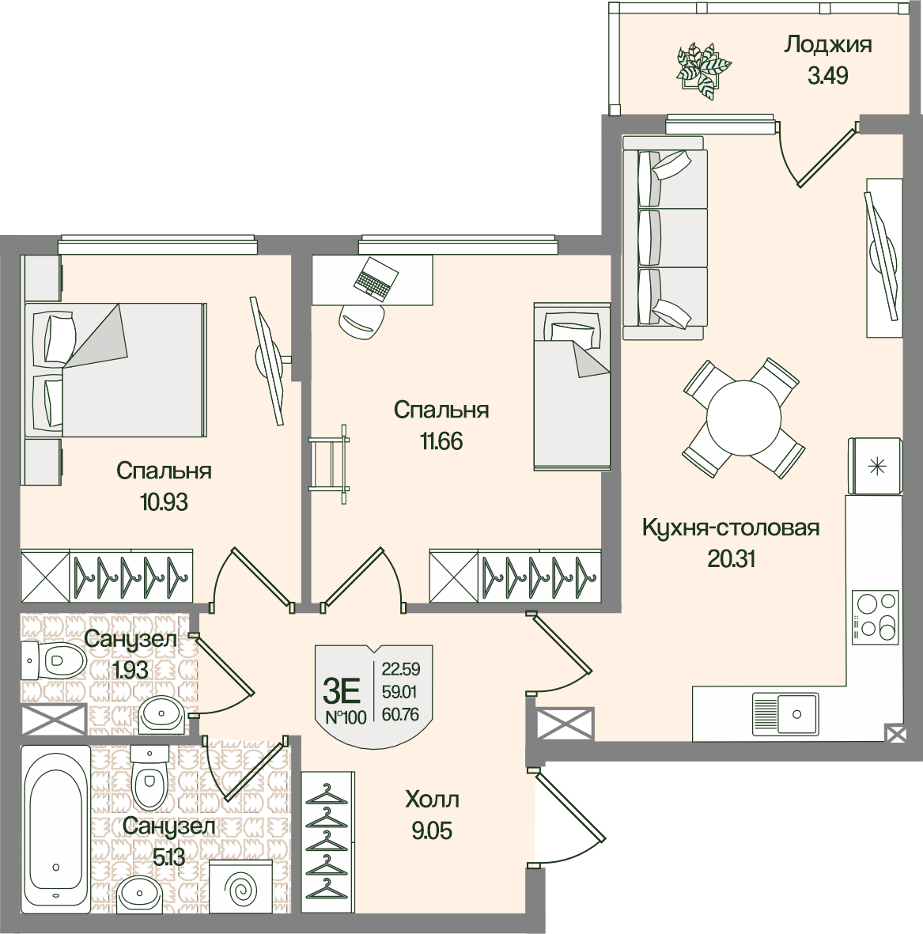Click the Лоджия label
(x=827, y=45)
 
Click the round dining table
(x=743, y=418)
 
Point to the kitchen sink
(x=785, y=713)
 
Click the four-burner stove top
(x=876, y=617)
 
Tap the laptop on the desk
(x=373, y=278)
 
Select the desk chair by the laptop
(x=361, y=322)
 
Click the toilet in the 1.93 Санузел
(x=55, y=660)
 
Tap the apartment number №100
(x=346, y=717)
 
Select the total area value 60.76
(x=400, y=713)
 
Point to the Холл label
(x=432, y=799)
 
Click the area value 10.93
(x=164, y=502)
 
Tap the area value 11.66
(x=441, y=441)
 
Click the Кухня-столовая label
(x=731, y=528)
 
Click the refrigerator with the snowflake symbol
(x=876, y=467)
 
